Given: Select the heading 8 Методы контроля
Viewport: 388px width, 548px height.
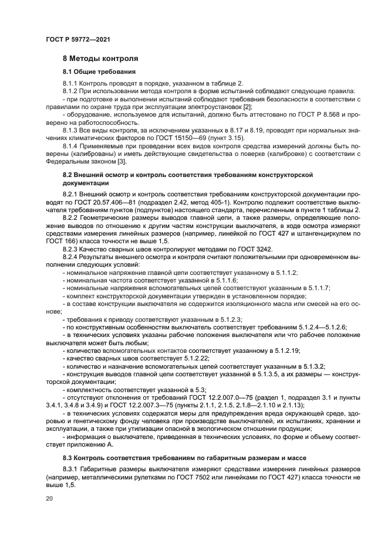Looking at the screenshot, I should click(x=100, y=59).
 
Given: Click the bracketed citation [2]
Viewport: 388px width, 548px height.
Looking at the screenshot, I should click(x=248, y=108).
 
